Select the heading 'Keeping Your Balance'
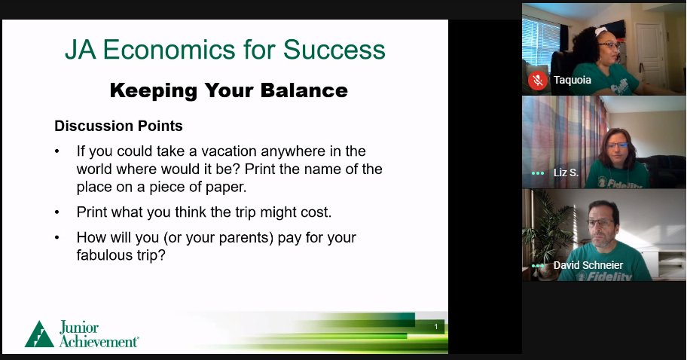click(x=228, y=91)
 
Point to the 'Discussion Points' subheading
click(x=118, y=126)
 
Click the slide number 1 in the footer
click(x=436, y=327)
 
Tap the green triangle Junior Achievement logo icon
click(x=39, y=334)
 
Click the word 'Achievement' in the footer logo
click(x=99, y=341)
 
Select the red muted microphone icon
click(x=538, y=80)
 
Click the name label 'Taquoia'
click(x=572, y=80)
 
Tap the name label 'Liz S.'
click(x=565, y=172)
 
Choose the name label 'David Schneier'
click(x=588, y=265)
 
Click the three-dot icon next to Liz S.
click(x=537, y=173)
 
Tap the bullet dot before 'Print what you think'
click(x=57, y=212)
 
